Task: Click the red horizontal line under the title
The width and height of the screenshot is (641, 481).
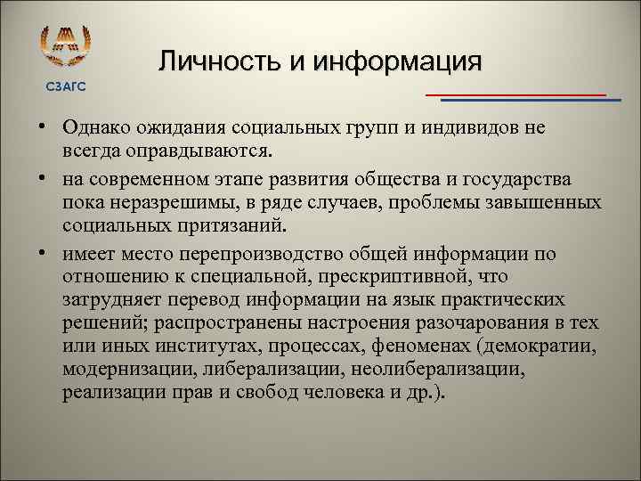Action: click(x=515, y=94)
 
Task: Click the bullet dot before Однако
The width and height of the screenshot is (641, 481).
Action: click(x=42, y=126)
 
